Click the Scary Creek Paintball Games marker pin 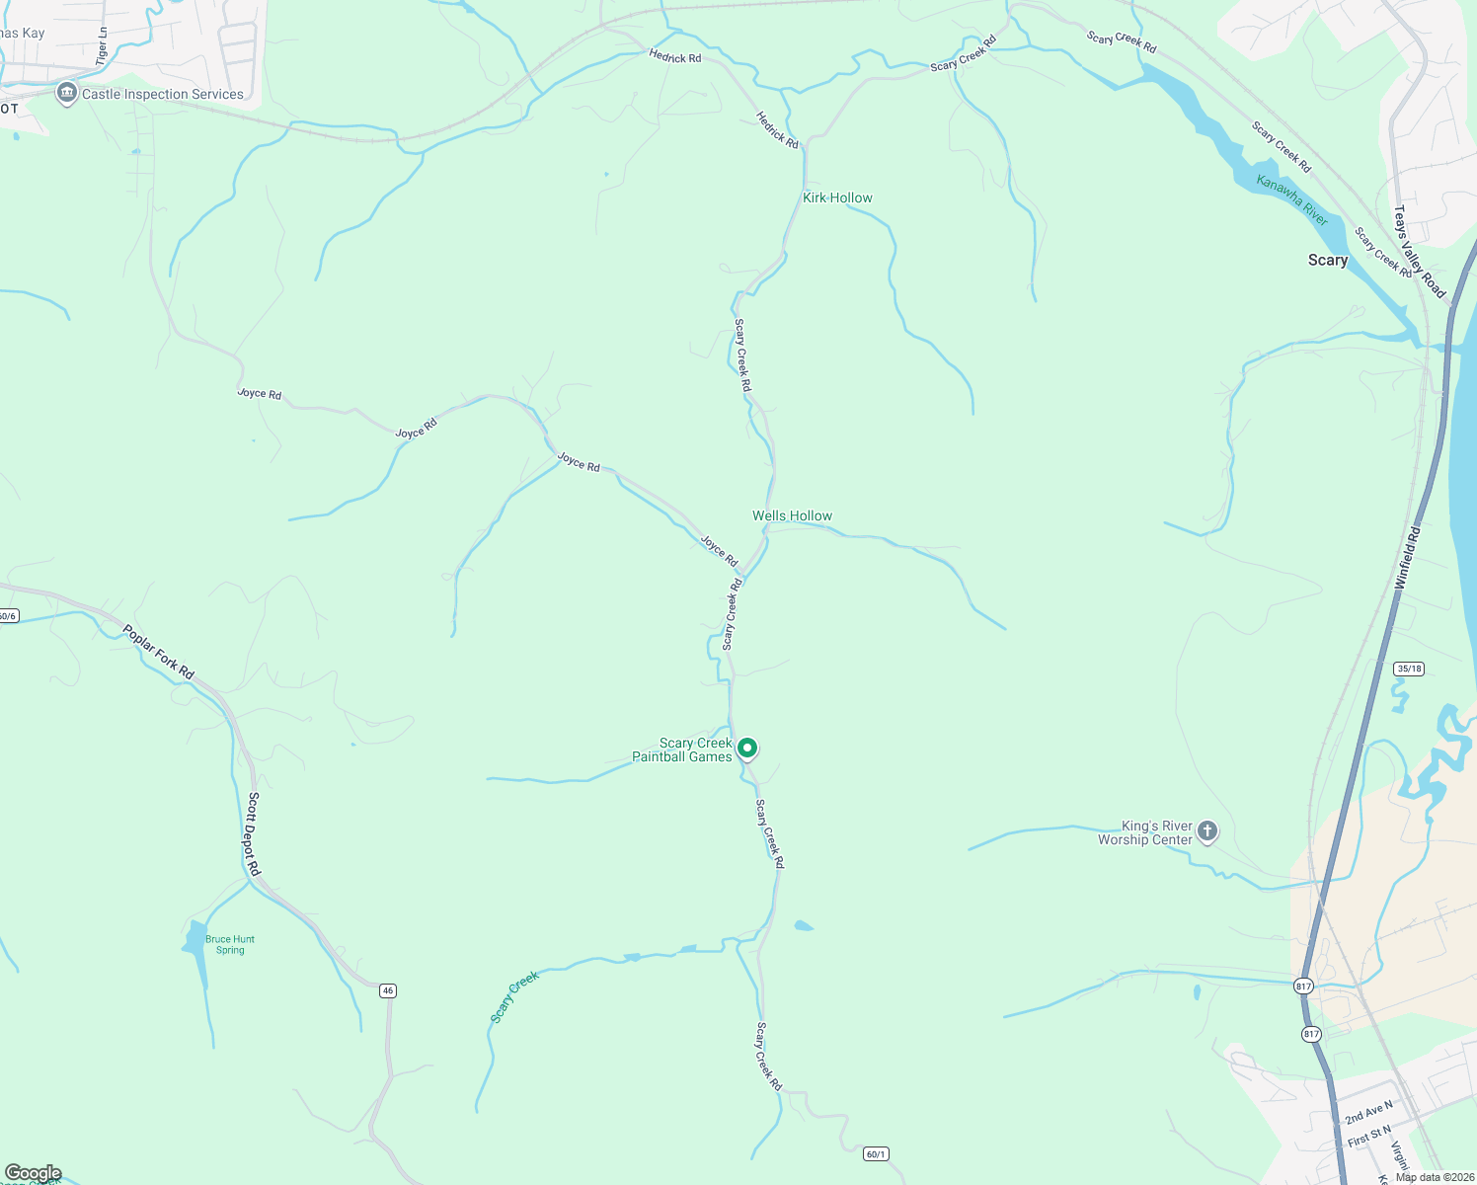(x=748, y=749)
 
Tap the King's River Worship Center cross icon (x=1206, y=831)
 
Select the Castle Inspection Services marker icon (x=67, y=94)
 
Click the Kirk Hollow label (x=837, y=197)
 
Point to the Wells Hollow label (x=792, y=515)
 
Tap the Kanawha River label (x=1292, y=198)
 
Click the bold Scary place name (x=1327, y=260)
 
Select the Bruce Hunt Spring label (x=230, y=945)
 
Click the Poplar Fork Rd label (x=159, y=652)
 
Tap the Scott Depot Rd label (x=254, y=833)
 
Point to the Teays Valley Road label (x=1419, y=252)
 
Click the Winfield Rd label (x=1407, y=559)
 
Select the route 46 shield (x=388, y=990)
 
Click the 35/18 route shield (x=1409, y=669)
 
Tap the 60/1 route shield (x=876, y=1153)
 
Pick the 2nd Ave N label (x=1368, y=1112)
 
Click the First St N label (x=1369, y=1137)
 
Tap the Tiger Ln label (x=102, y=46)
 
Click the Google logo (x=33, y=1173)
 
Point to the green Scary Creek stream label (x=514, y=996)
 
